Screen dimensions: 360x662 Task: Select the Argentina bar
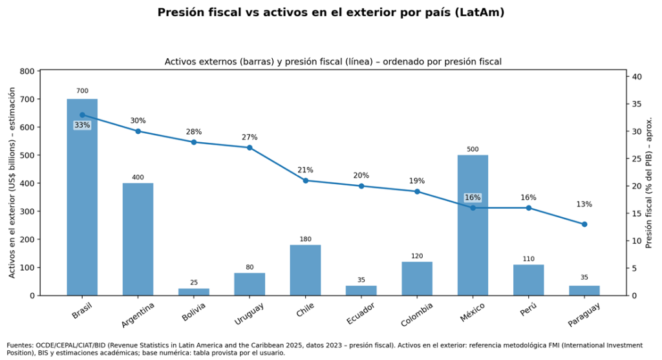click(x=138, y=239)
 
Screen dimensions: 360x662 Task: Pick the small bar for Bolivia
click(x=193, y=291)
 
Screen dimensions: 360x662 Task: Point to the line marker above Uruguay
click(x=250, y=147)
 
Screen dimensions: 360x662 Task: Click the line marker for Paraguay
click(x=584, y=224)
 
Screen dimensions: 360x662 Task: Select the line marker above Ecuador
click(x=361, y=186)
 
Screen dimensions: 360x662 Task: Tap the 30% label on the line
click(x=138, y=121)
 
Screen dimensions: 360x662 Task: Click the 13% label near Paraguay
click(x=584, y=204)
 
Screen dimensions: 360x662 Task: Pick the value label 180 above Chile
click(x=305, y=240)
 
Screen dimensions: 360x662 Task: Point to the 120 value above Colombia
click(x=417, y=256)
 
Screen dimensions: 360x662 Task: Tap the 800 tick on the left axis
click(x=27, y=71)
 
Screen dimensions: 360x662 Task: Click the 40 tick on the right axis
click(x=636, y=77)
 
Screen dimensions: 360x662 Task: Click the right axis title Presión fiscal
click(x=649, y=183)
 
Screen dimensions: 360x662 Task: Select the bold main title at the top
click(x=330, y=12)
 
